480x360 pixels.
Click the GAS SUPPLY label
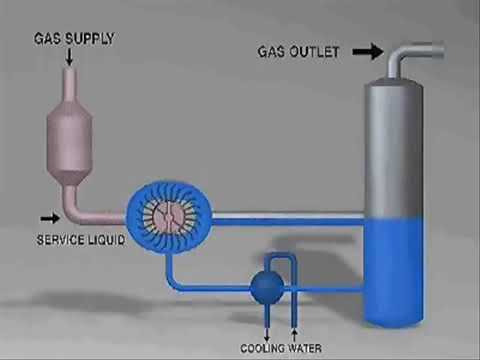click(x=75, y=39)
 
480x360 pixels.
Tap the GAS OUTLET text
click(x=300, y=51)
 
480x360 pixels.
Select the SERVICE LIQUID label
click(x=81, y=240)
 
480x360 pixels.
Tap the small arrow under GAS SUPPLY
click(x=70, y=58)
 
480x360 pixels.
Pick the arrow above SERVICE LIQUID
click(x=48, y=216)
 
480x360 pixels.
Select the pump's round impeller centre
click(x=164, y=214)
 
